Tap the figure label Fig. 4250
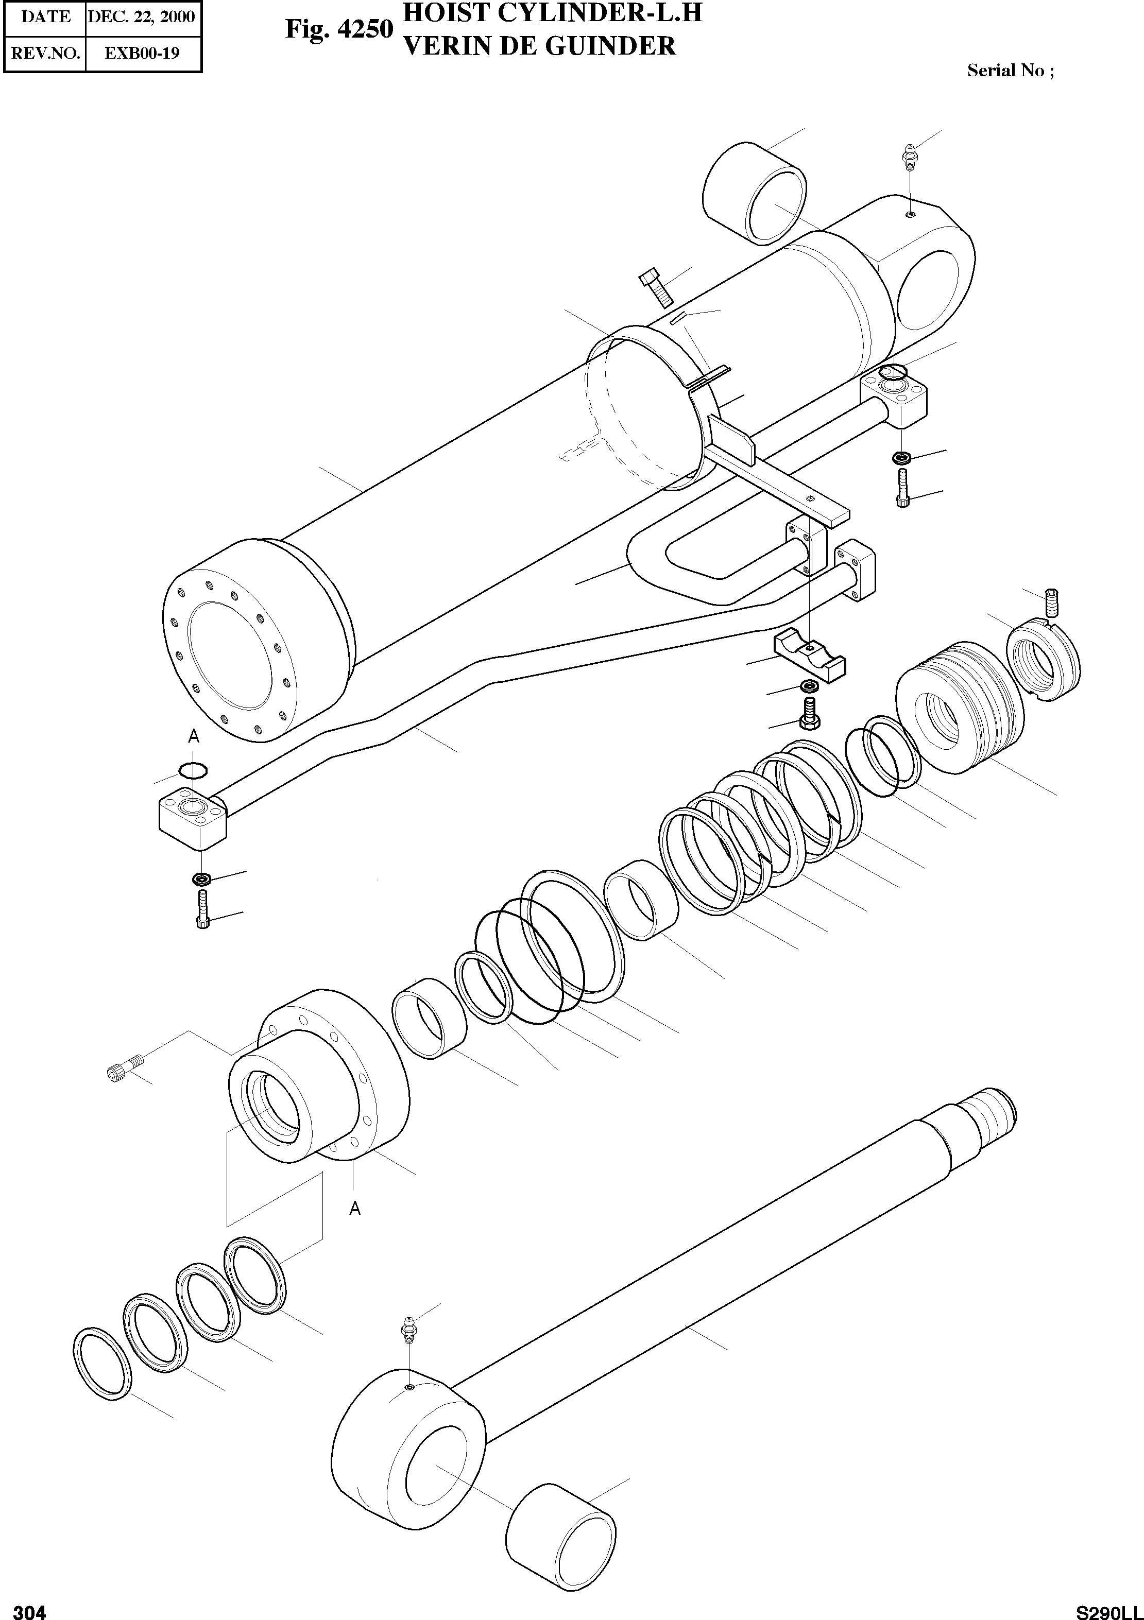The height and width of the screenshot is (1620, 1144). pos(338,30)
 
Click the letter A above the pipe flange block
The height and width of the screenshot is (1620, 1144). pos(193,736)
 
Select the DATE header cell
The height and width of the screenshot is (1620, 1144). pos(45,16)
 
